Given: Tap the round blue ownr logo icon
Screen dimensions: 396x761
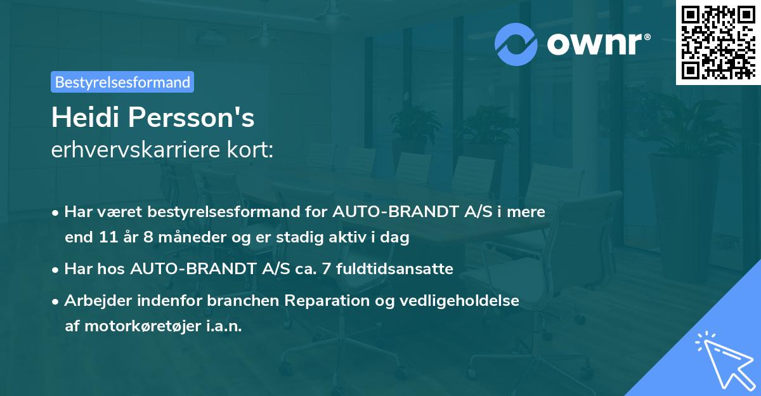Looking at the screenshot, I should pos(516,43).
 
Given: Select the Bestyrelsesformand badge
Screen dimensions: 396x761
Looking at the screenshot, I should pos(122,82).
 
